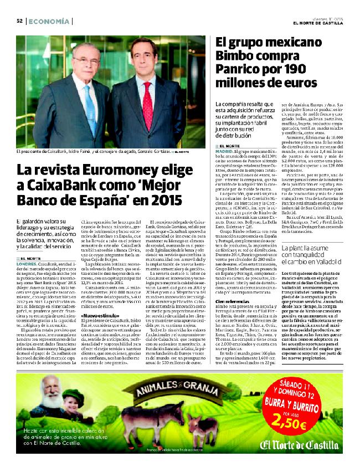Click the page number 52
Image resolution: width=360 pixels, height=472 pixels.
pyautogui.click(x=19, y=21)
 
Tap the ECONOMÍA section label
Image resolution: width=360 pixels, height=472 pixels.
pyautogui.click(x=49, y=21)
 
